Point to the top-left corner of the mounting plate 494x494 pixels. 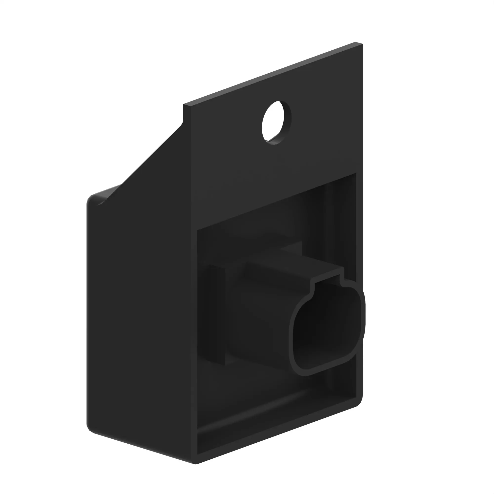(x=184, y=105)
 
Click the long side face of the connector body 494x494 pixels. (x=258, y=320)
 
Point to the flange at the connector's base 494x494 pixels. (x=217, y=314)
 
